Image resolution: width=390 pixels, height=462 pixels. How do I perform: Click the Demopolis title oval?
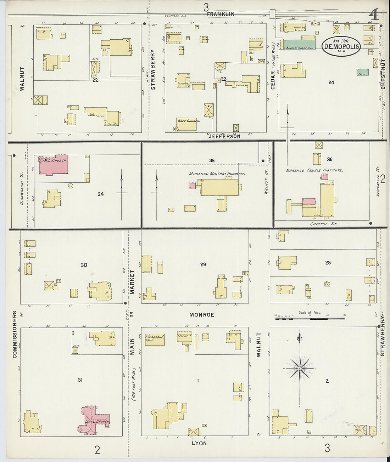coord(341,46)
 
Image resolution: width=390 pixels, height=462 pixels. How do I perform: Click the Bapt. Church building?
coord(186,124)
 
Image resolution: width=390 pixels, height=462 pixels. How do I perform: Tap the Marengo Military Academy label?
coord(217,174)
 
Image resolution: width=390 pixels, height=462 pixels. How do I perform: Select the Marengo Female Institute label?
coord(314,170)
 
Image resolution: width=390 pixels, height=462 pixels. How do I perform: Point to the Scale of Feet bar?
coord(310,318)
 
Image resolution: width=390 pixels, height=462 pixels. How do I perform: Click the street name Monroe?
coord(202,314)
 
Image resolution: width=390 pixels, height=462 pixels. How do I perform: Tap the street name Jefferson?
coord(224,136)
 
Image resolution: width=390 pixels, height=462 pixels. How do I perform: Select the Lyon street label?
coord(199,443)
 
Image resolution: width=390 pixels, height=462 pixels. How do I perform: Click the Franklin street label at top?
coord(221,14)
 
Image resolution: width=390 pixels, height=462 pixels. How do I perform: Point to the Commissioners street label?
coord(15,335)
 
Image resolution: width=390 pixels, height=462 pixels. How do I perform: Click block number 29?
coord(203,264)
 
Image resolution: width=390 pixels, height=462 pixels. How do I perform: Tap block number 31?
coord(80,380)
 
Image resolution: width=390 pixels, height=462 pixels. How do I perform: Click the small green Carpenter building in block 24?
coord(362,72)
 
